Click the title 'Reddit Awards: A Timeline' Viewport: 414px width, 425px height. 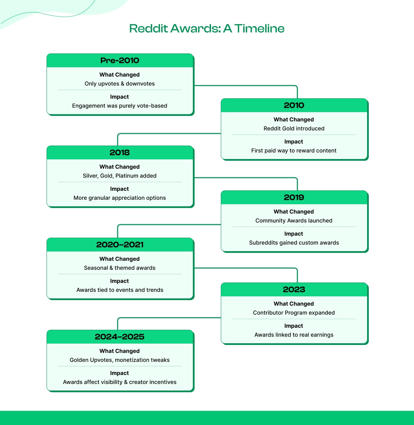207,28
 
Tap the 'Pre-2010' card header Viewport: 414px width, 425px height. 120,60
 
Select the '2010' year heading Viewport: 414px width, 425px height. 294,105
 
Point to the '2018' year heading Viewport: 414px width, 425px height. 120,152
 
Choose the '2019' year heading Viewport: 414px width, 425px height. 294,197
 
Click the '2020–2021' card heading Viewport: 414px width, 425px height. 120,245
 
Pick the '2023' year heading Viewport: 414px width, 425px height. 294,289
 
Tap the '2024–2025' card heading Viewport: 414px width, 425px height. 120,337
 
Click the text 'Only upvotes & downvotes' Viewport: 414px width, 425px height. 120,83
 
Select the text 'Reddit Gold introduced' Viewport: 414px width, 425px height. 294,128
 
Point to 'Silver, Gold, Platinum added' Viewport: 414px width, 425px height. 120,176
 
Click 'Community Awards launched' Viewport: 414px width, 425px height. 294,220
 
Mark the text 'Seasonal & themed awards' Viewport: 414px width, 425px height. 120,268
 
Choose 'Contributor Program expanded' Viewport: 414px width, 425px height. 294,313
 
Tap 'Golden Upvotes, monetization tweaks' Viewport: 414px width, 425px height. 120,360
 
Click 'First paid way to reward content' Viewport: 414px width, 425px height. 294,150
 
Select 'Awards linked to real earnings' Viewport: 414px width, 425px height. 294,335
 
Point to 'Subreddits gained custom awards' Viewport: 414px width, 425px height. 294,243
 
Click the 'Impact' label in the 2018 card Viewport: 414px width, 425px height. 119,189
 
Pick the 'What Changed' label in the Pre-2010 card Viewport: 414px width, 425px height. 120,75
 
